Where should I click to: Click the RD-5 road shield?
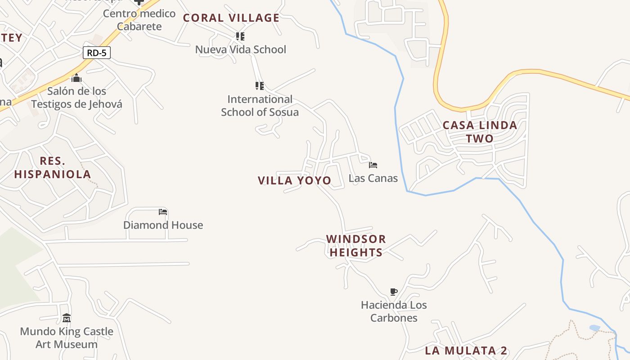(x=96, y=53)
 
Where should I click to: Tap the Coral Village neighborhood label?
(x=231, y=18)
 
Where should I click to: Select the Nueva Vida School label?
(x=240, y=49)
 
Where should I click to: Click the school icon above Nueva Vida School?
(x=240, y=36)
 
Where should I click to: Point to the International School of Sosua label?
(x=260, y=105)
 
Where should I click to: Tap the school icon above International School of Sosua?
(x=260, y=85)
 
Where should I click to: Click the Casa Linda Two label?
(x=480, y=131)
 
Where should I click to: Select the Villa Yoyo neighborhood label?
(x=294, y=180)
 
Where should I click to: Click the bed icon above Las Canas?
(x=373, y=165)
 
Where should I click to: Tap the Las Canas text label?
(x=373, y=178)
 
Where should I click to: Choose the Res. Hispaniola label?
(x=53, y=167)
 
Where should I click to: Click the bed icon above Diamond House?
(x=163, y=211)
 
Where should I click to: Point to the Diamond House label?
(x=163, y=225)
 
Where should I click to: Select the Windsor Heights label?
(x=356, y=245)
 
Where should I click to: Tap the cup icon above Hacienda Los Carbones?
(x=394, y=292)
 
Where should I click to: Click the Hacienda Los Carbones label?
(x=394, y=311)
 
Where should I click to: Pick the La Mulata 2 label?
(x=466, y=351)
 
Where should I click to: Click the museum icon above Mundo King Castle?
(x=67, y=318)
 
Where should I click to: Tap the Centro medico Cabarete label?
(x=139, y=20)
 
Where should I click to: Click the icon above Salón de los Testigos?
(x=76, y=78)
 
